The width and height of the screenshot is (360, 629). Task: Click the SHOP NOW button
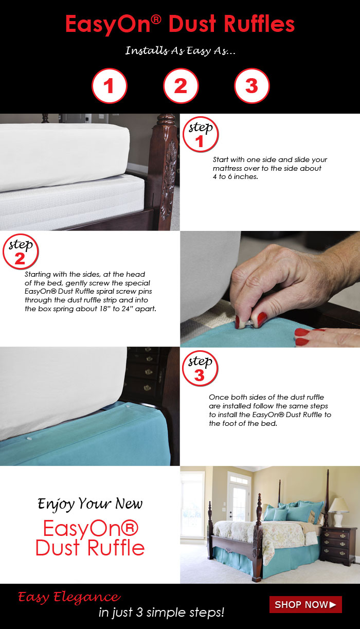(305, 604)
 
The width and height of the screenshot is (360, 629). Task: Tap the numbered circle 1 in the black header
(110, 86)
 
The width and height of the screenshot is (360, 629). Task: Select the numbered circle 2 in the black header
(181, 86)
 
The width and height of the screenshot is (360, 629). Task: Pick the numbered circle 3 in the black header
(252, 86)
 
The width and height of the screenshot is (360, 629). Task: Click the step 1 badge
(201, 135)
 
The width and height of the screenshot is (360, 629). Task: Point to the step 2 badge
(21, 251)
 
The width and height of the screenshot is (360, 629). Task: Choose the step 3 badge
(200, 368)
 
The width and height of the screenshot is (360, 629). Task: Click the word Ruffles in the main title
(259, 24)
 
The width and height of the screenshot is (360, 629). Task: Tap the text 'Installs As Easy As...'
(180, 51)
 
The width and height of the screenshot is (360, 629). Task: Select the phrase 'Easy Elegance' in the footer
(69, 597)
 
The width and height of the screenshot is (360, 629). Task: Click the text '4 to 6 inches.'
(236, 176)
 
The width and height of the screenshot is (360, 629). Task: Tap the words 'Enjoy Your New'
(90, 504)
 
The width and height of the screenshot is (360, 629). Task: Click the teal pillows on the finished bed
(292, 512)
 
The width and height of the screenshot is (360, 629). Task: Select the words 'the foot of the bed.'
(243, 423)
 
